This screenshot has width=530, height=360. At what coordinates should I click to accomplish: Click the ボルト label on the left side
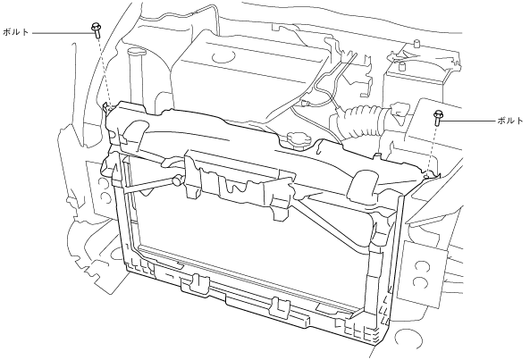click(x=15, y=32)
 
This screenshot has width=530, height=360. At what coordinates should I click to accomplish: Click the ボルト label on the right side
click(x=510, y=121)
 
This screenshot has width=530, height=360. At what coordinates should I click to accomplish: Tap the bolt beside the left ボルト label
click(x=96, y=30)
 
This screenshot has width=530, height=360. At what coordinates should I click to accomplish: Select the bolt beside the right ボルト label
click(x=438, y=118)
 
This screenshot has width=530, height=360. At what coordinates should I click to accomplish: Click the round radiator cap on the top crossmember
click(x=296, y=140)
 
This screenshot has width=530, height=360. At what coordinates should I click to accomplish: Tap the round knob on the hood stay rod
click(x=177, y=180)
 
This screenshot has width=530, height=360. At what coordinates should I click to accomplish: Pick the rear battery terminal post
click(x=416, y=44)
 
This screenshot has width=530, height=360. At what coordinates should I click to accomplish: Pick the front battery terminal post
click(x=402, y=65)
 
